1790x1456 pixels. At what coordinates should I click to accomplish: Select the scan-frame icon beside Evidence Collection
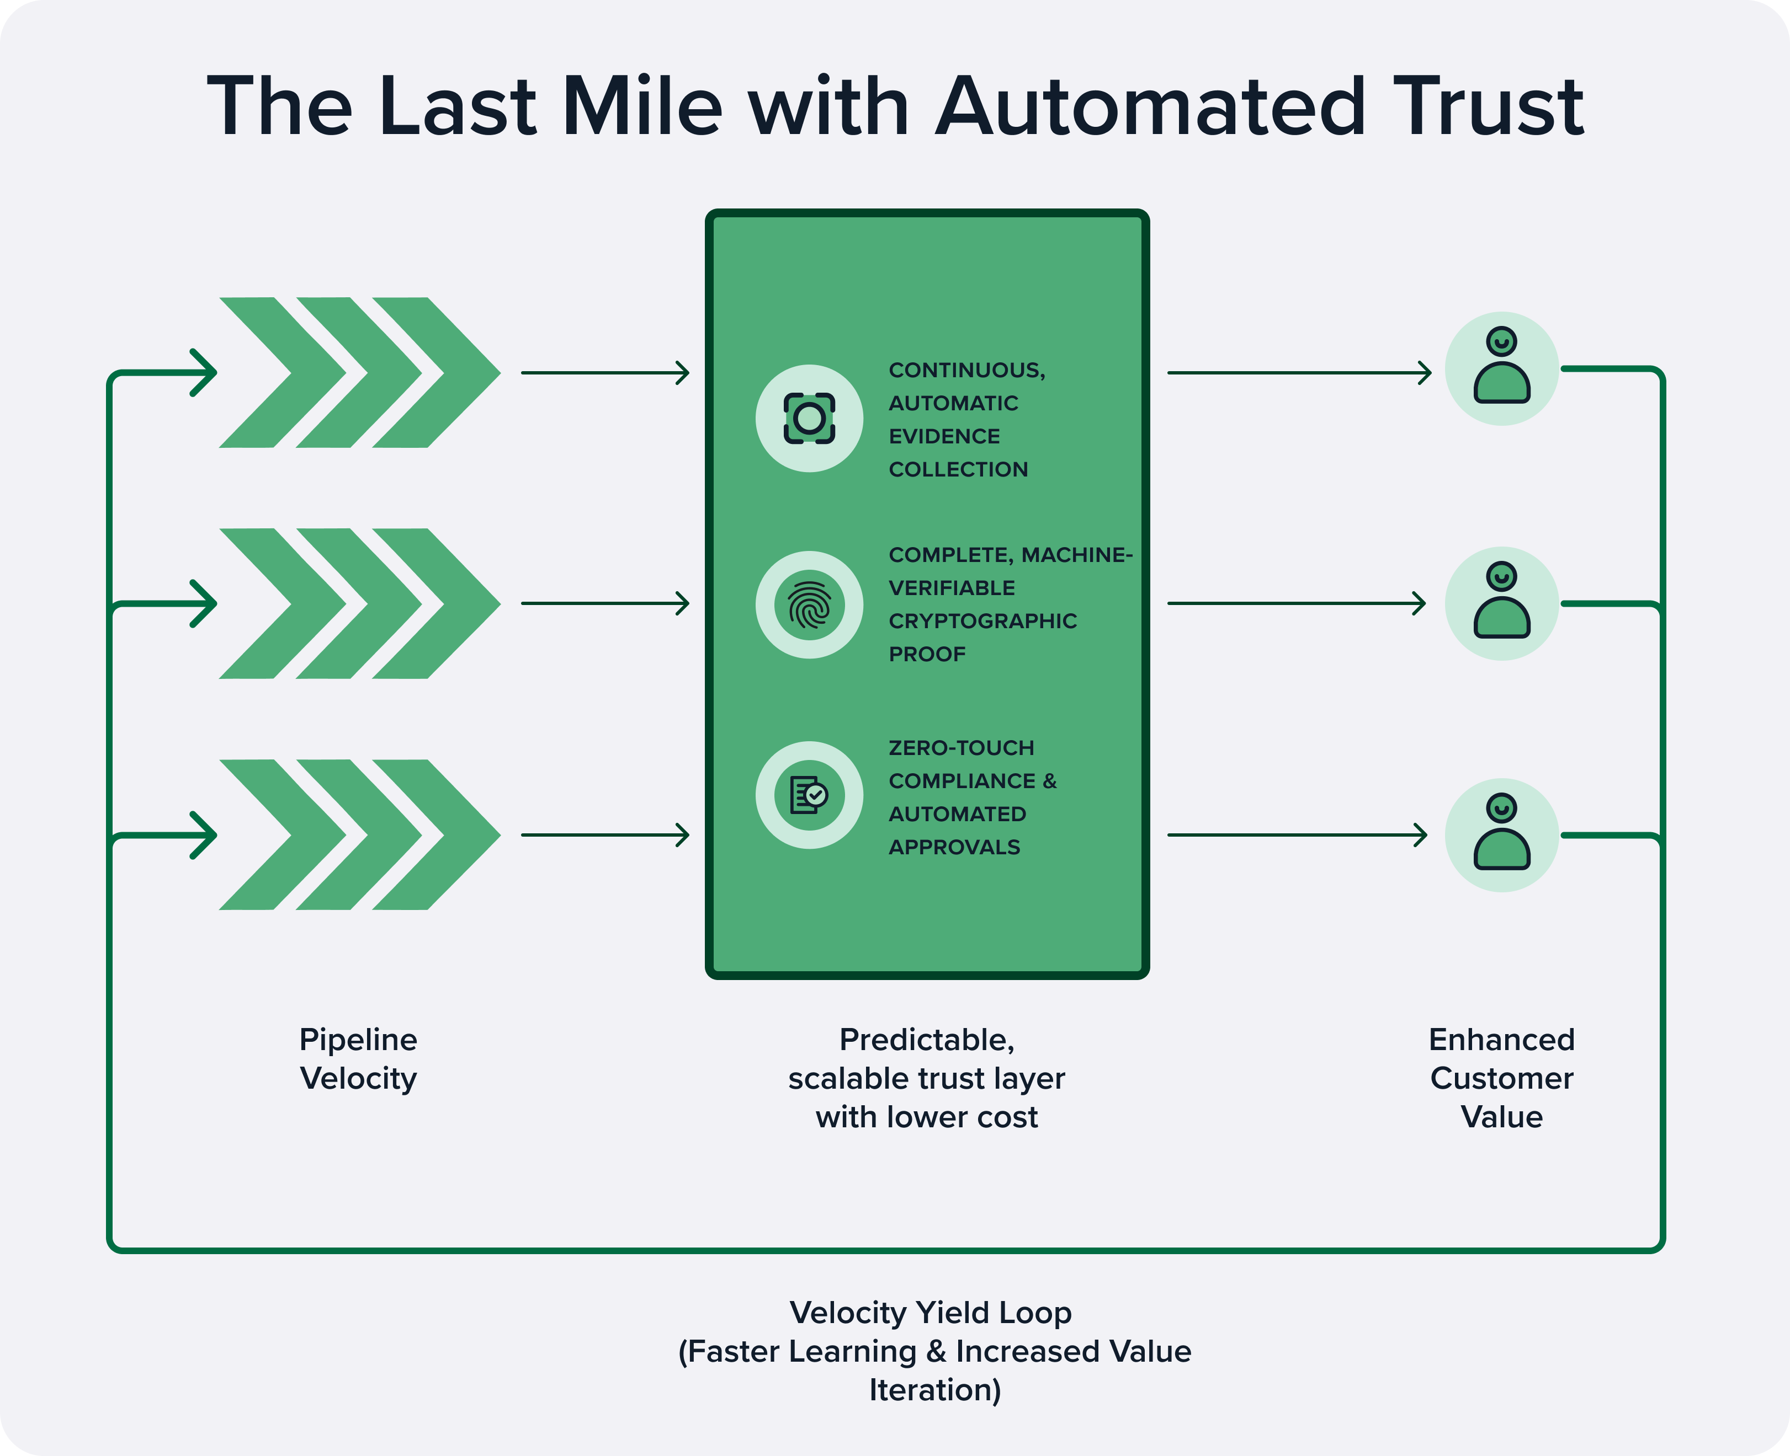(809, 417)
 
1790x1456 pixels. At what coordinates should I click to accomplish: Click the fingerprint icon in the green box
(809, 604)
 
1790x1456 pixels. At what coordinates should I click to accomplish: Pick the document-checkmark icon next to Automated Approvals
(809, 795)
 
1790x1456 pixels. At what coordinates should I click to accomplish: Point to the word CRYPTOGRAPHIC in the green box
(982, 622)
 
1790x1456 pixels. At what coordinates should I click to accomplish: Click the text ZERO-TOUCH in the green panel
(961, 748)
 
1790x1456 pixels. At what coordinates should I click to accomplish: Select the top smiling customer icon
(1501, 368)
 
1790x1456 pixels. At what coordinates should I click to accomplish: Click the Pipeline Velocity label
(358, 1058)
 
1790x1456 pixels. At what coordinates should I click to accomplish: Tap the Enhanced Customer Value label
(1501, 1078)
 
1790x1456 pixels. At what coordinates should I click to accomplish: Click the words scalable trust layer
(927, 1079)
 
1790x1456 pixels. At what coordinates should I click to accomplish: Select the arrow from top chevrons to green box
(604, 372)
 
